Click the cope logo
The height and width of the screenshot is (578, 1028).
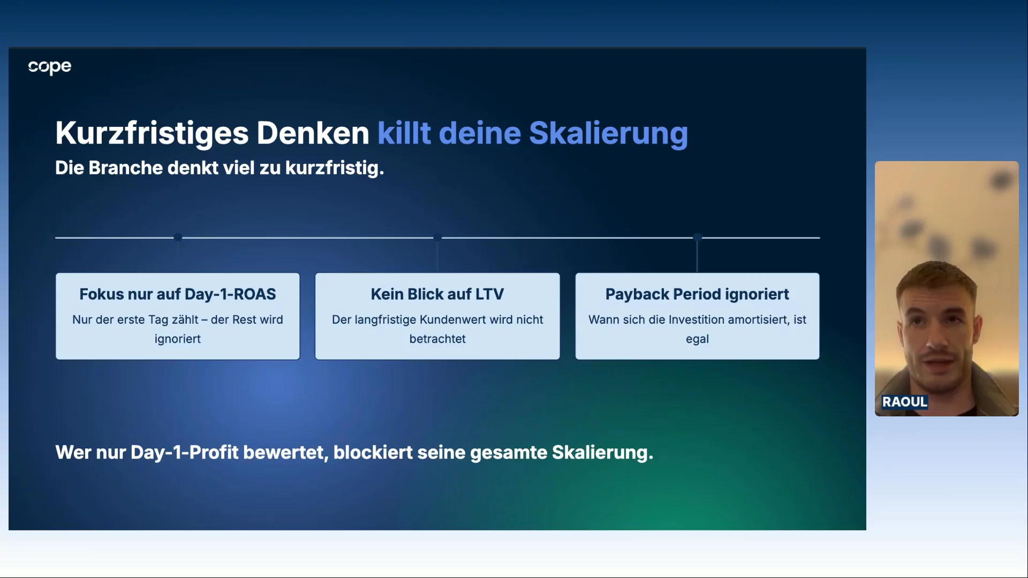pyautogui.click(x=50, y=67)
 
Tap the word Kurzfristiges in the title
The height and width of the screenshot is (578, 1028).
pyautogui.click(x=152, y=133)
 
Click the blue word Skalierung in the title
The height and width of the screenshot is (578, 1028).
pyautogui.click(x=608, y=133)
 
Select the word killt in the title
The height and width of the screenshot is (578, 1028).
pyautogui.click(x=404, y=133)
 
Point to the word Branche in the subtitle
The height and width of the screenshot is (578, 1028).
pyautogui.click(x=125, y=168)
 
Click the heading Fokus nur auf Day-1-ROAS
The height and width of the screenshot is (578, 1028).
pyautogui.click(x=178, y=294)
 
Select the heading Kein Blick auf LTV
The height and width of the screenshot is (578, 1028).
pyautogui.click(x=437, y=294)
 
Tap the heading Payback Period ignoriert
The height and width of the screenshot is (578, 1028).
pyautogui.click(x=697, y=294)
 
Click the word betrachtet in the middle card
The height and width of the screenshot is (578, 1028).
pyautogui.click(x=437, y=339)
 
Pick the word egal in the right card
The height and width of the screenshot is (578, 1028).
pyautogui.click(x=697, y=339)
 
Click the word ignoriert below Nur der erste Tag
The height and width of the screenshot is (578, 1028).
pyautogui.click(x=178, y=339)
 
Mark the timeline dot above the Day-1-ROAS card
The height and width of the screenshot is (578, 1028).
pyautogui.click(x=178, y=237)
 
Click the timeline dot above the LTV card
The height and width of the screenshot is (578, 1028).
pyautogui.click(x=437, y=237)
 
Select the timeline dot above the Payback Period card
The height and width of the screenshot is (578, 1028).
pyautogui.click(x=697, y=237)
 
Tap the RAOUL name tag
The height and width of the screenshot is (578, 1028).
pyautogui.click(x=905, y=402)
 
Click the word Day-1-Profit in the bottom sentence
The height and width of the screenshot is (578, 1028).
pyautogui.click(x=185, y=453)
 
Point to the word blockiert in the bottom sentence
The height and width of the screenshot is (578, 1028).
pyautogui.click(x=373, y=453)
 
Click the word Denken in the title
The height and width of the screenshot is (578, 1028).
pyautogui.click(x=313, y=133)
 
